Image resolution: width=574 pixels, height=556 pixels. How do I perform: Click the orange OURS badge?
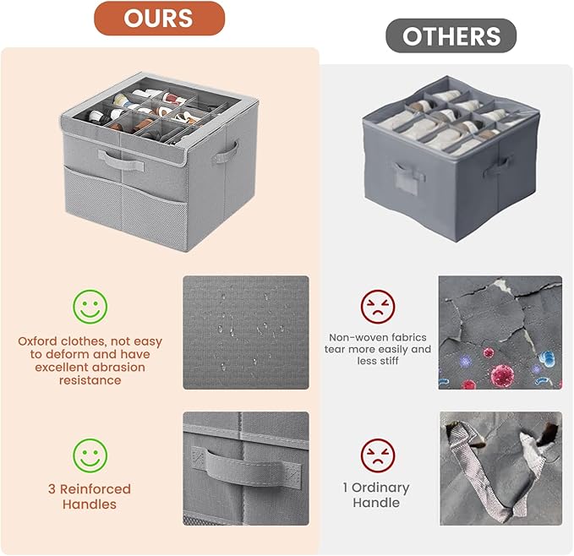point(159,18)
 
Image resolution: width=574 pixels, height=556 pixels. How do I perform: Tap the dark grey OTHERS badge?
point(451,35)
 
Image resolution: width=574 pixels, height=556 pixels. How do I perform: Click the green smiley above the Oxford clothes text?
point(90,307)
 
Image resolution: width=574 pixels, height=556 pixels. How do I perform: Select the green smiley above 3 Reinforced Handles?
point(90,455)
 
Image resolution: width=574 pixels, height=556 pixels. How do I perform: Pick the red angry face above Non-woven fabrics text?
point(378,307)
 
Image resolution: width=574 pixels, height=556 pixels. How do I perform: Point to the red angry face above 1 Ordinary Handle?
point(378,455)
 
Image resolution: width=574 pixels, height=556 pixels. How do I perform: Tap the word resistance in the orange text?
point(90,380)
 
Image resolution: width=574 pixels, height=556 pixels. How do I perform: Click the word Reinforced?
point(96,488)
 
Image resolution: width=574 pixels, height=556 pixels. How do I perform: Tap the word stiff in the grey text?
point(388,361)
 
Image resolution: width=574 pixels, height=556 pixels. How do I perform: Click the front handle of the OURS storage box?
point(121,161)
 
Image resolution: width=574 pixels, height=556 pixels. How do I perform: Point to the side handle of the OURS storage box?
point(226,153)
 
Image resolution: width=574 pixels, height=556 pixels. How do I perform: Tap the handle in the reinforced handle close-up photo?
point(246,469)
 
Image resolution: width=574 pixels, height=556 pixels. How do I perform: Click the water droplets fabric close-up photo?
point(246,333)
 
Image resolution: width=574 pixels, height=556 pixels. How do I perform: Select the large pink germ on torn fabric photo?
point(502,374)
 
